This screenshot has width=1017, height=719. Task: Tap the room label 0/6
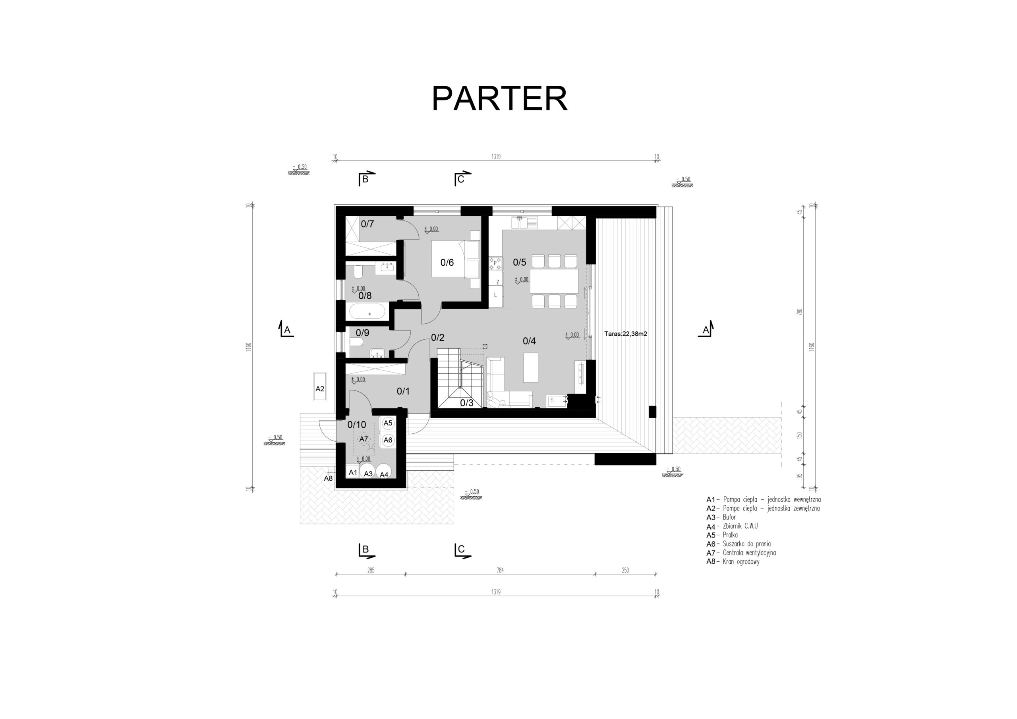447,263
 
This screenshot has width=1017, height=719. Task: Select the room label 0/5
520,262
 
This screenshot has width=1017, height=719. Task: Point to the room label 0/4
529,341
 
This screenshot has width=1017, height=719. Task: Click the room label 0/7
367,224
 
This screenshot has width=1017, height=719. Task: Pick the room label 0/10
357,424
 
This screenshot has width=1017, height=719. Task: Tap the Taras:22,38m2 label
625,334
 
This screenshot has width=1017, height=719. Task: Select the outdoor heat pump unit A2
320,387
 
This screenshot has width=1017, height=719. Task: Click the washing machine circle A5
388,423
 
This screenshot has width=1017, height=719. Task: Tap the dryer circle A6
388,440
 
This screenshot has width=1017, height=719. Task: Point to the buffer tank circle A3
367,472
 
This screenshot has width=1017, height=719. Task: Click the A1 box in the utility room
353,472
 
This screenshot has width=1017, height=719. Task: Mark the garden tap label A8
328,478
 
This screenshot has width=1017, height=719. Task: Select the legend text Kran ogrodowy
741,562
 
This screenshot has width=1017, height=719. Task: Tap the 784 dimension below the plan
500,570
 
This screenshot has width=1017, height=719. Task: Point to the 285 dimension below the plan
371,570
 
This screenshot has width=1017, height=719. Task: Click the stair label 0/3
466,403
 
